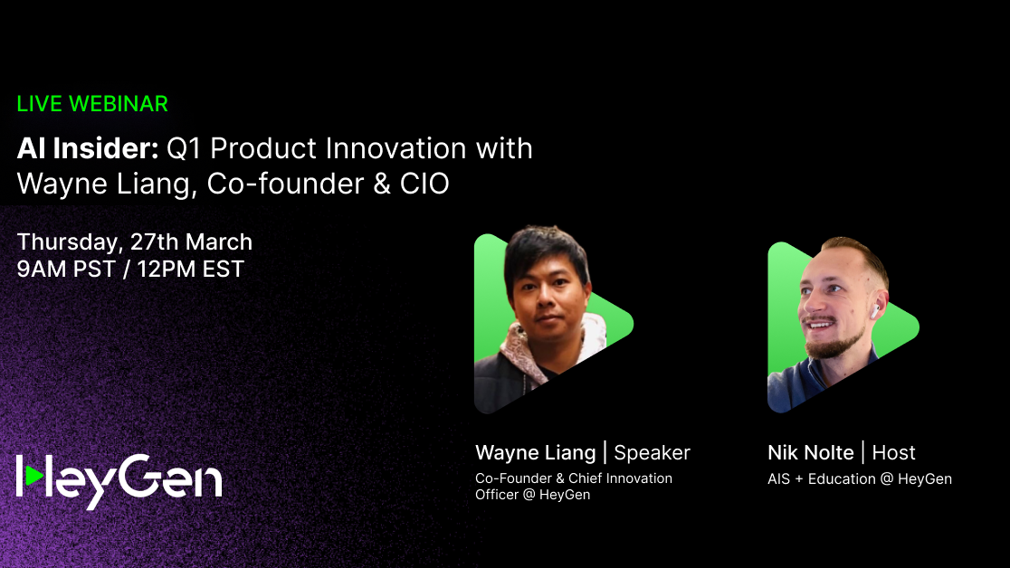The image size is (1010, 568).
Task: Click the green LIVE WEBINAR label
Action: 92,104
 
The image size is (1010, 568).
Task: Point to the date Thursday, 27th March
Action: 135,242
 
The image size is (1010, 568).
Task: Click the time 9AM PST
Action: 65,269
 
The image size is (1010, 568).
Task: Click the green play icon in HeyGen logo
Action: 33,475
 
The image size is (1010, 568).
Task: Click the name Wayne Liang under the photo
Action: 535,452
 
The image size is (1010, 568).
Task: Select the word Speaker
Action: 652,452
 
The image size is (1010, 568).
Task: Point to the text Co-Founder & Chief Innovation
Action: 574,478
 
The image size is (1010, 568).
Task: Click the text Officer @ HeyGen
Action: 532,495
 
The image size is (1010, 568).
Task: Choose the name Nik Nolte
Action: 810,452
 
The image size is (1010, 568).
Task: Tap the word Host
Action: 893,452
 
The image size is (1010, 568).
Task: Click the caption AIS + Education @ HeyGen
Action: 859,478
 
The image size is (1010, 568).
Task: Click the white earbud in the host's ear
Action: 874,309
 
